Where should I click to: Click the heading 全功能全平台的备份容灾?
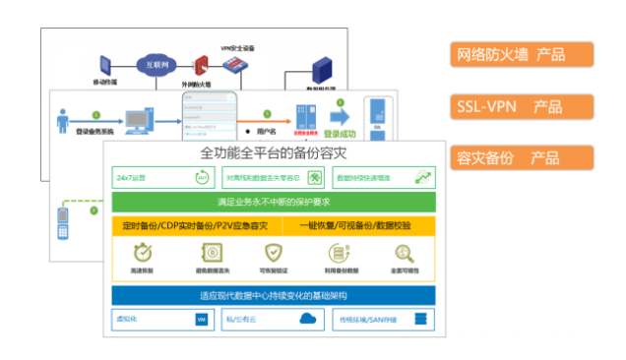pos(274,154)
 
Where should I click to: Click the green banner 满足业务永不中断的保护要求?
pos(274,203)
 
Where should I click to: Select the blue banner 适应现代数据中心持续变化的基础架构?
pos(274,295)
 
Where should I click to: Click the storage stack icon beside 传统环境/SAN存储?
pos(420,320)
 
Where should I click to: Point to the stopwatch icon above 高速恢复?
pos(144,252)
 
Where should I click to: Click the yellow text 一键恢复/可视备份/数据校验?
pos(355,225)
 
